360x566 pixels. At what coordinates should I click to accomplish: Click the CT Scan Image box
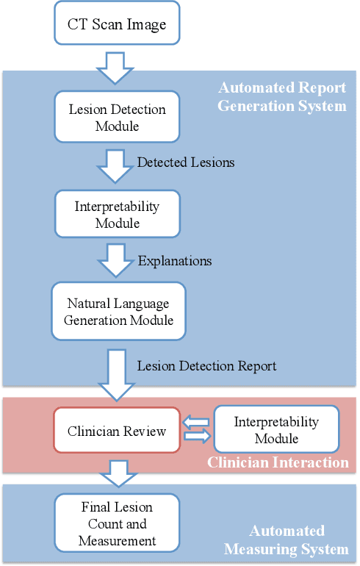click(x=117, y=24)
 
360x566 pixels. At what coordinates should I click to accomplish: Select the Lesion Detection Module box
click(x=117, y=118)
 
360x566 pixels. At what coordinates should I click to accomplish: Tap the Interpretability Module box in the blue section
click(x=117, y=214)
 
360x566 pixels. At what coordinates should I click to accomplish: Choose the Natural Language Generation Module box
click(x=118, y=311)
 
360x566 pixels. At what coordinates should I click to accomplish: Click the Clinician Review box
click(x=117, y=431)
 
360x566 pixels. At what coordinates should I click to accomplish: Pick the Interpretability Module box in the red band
click(x=276, y=430)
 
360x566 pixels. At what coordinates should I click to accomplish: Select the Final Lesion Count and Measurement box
click(x=117, y=524)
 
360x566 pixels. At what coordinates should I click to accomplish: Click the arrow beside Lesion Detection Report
click(x=117, y=373)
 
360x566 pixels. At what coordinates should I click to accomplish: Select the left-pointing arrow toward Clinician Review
click(x=197, y=423)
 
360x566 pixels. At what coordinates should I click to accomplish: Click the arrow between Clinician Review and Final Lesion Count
click(x=117, y=472)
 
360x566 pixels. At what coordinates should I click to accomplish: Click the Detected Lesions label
click(x=186, y=162)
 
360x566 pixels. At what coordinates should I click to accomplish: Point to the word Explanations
click(x=175, y=261)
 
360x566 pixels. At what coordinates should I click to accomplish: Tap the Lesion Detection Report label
click(x=206, y=365)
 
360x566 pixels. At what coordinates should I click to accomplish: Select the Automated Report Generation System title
click(x=282, y=96)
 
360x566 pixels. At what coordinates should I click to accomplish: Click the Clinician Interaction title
click(x=278, y=462)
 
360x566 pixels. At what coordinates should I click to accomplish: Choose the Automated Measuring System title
click(x=286, y=540)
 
